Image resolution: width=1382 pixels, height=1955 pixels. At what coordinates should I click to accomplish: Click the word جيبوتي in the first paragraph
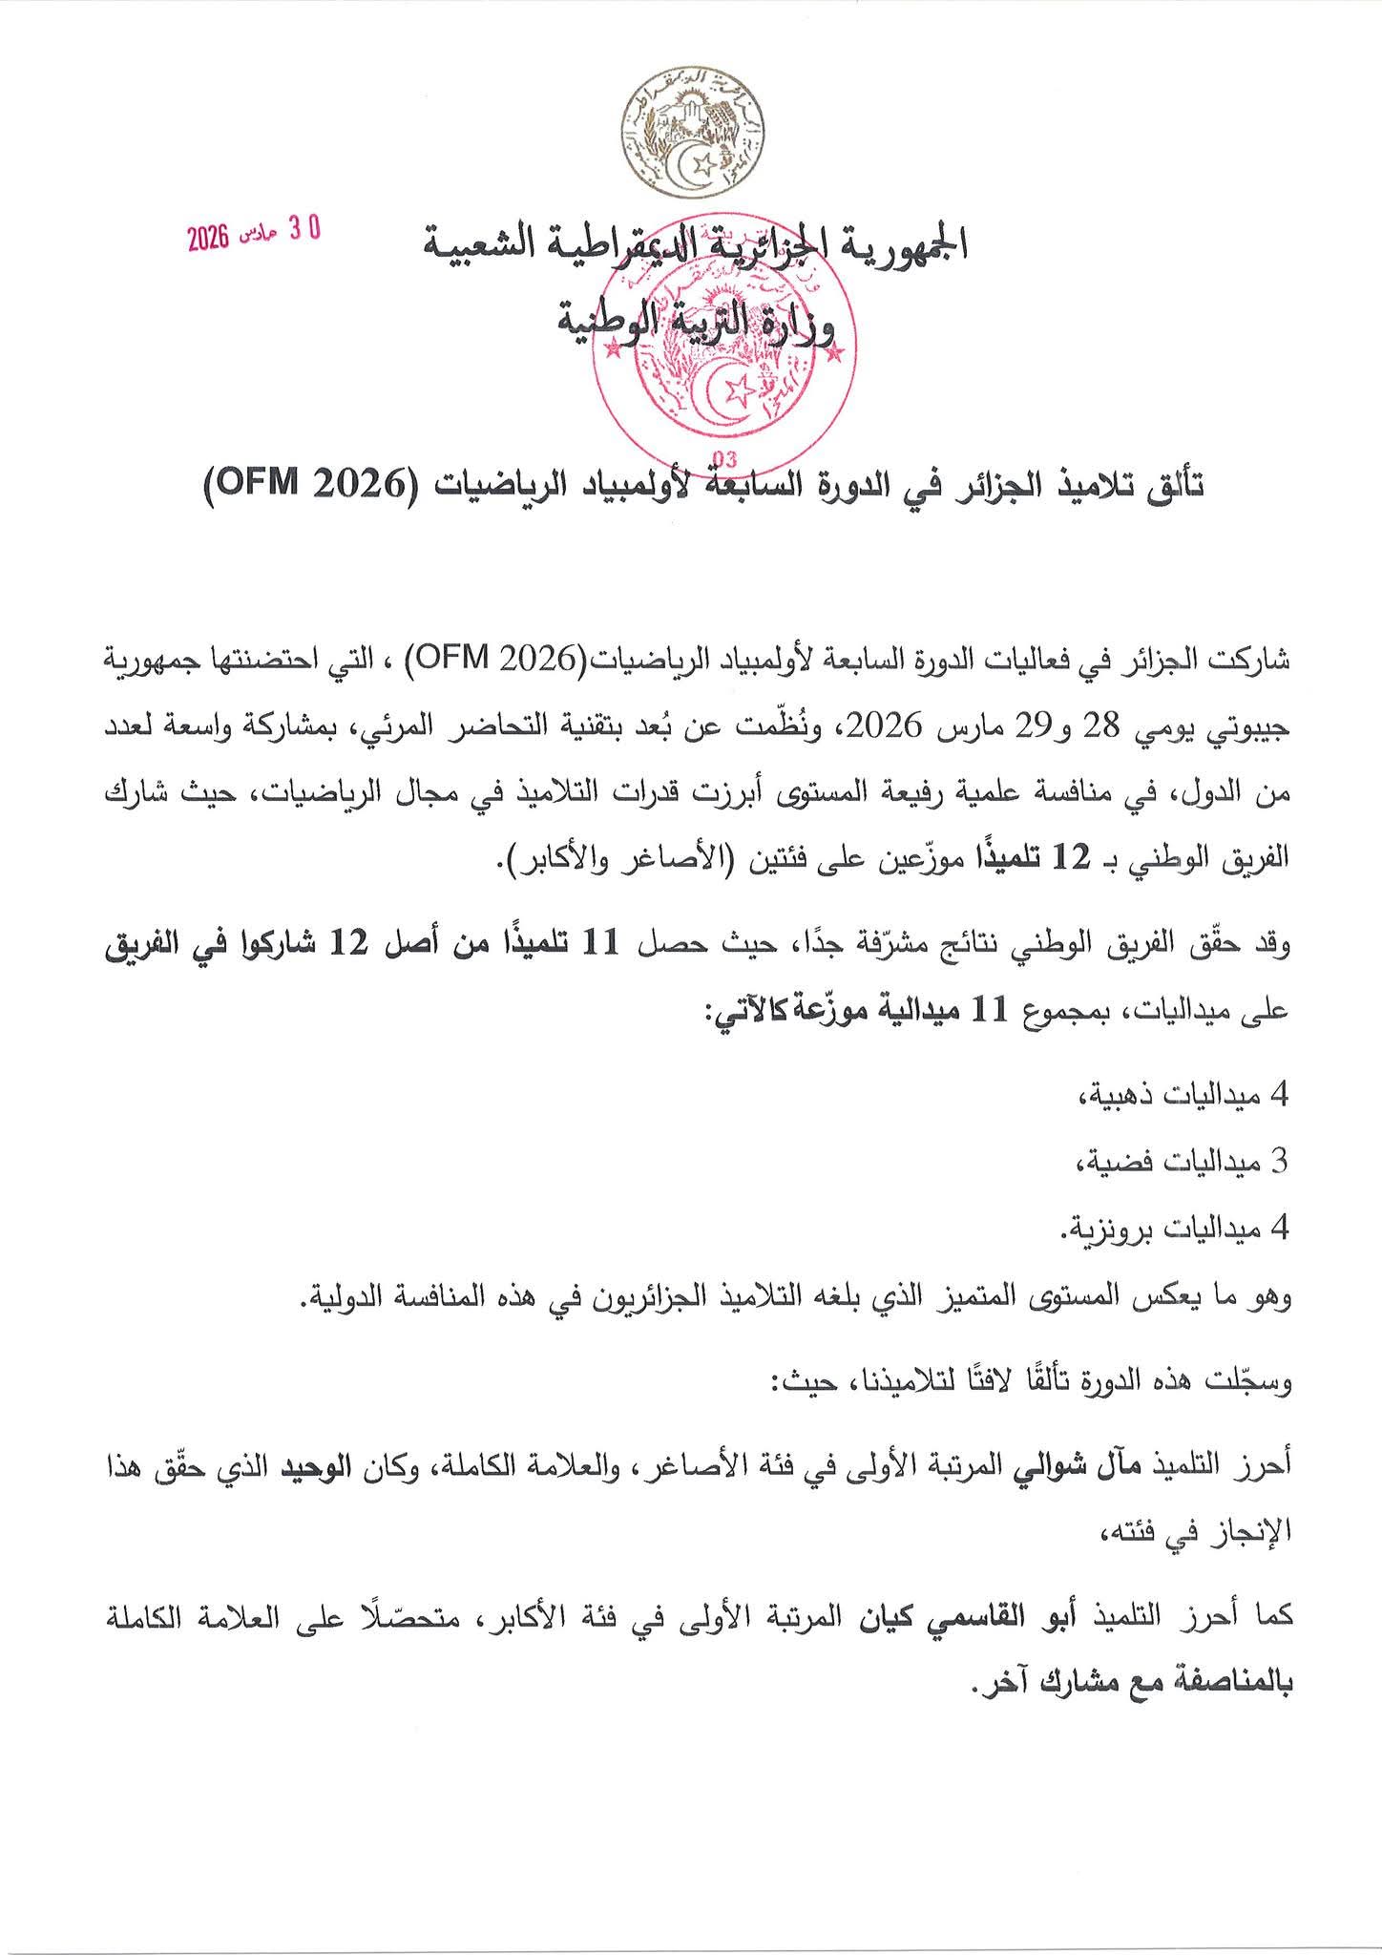tap(1251, 729)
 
